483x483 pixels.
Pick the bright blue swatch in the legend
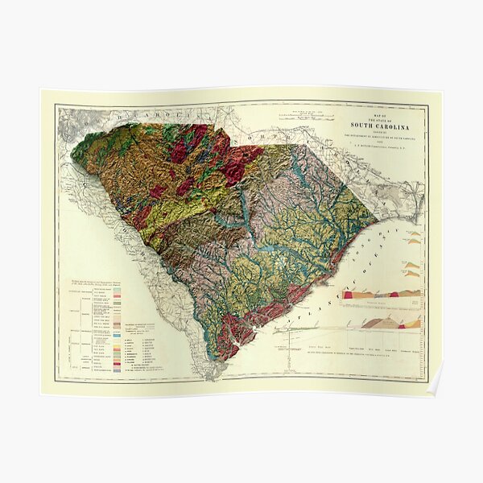click(117, 356)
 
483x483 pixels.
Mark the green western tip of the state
click(76, 154)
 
